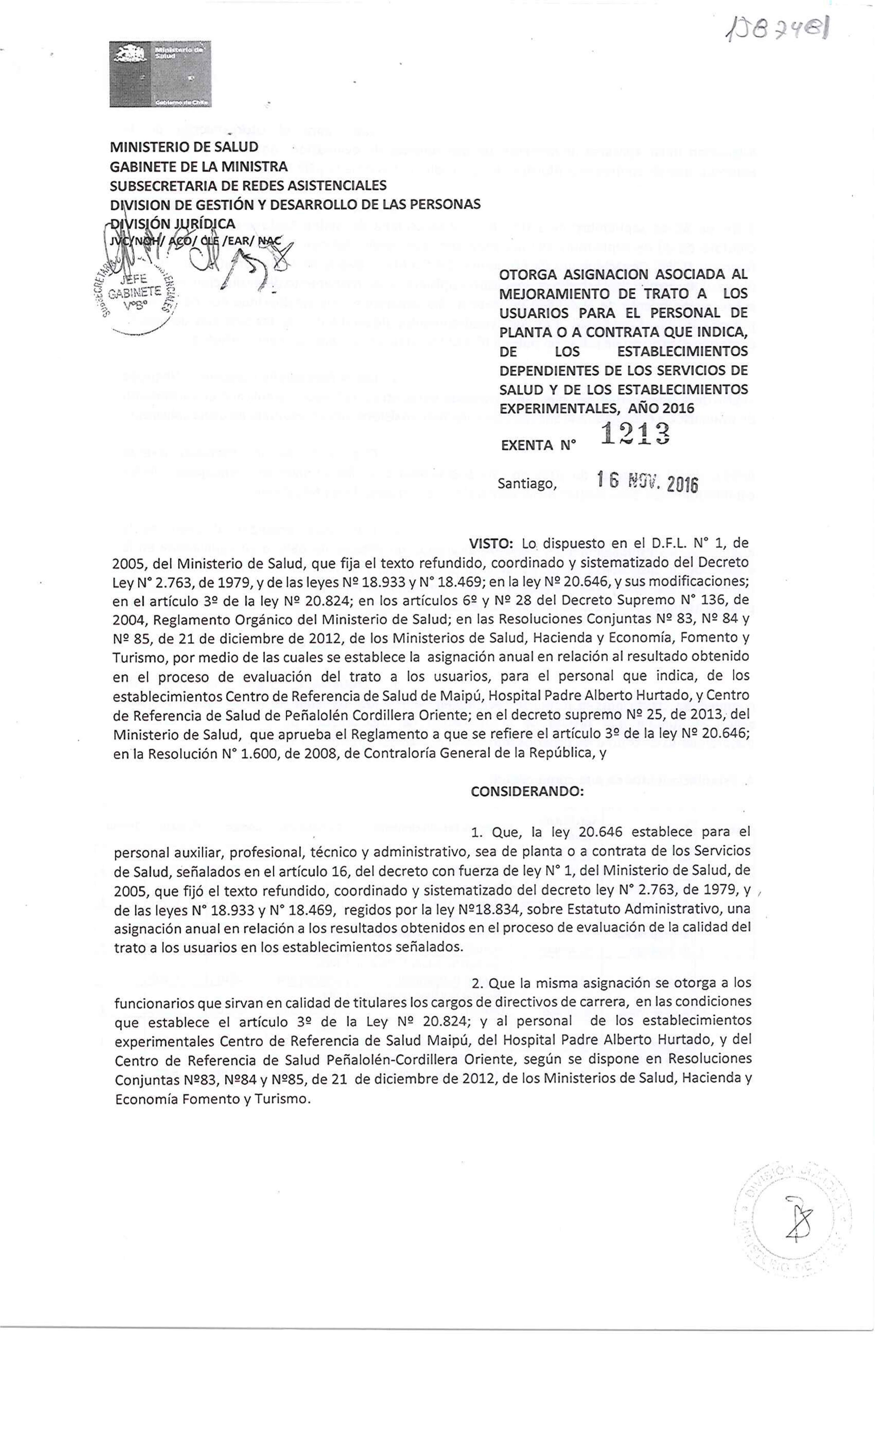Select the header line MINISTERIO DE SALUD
[184, 146]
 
